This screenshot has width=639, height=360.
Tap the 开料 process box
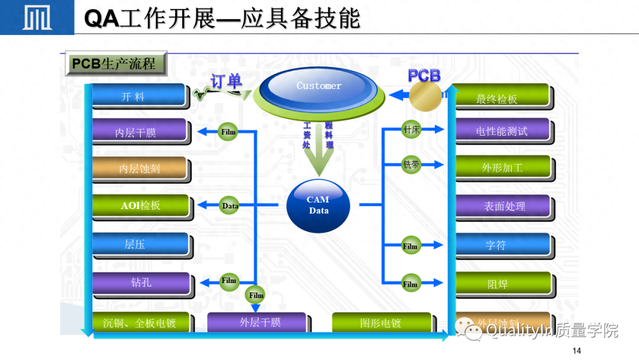pos(140,97)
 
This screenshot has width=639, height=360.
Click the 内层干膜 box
pos(140,132)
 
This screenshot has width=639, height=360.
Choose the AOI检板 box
pos(141,205)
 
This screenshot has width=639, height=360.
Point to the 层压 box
pos(140,244)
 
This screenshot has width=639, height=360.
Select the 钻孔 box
pos(141,282)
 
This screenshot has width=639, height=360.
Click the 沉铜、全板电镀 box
pos(141,323)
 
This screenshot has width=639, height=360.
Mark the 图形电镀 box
pos(380,323)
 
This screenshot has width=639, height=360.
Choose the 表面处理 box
pos(503,207)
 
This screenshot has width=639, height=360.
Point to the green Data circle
pos(230,206)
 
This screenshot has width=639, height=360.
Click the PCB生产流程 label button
pos(115,63)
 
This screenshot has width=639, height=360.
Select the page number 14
pos(577,351)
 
